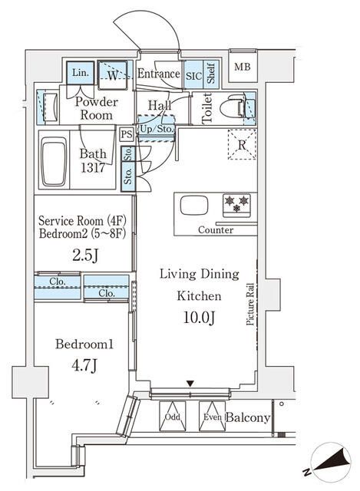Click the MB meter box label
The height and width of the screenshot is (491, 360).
pos(242,66)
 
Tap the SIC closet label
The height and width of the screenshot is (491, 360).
pos(193,74)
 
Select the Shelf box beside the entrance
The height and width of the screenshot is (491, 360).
pos(211,74)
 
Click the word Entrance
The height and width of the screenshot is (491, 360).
pos(158,74)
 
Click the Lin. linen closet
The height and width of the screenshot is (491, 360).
pos(80,74)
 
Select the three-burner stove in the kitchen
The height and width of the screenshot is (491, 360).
pos(235,204)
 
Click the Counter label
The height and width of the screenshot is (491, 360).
pos(216,230)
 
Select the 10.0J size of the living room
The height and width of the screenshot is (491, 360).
pos(199,316)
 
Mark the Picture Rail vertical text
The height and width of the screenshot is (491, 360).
pos(251,304)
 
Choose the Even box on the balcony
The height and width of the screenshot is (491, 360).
pos(213,418)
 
